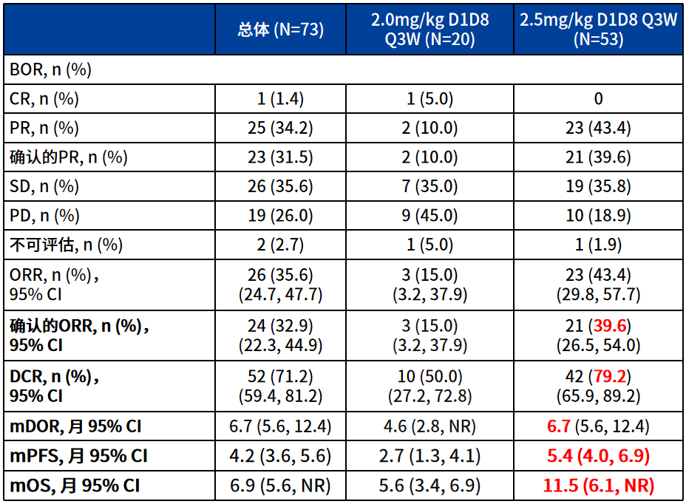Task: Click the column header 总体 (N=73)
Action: pos(280,30)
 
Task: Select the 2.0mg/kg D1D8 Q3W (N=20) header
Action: pos(429,30)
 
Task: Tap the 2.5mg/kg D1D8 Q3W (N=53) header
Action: pos(598,30)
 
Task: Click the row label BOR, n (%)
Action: pos(50,69)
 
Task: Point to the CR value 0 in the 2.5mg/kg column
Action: pos(599,99)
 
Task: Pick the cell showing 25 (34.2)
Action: pos(280,128)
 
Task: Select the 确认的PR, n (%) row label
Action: pos(68,157)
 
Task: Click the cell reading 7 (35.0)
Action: pos(429,186)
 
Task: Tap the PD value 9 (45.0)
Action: pos(429,216)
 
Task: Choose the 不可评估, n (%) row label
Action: pos(66,245)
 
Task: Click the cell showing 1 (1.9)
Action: pos(598,245)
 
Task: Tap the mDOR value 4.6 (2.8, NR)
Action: pos(429,426)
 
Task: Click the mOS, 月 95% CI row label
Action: pos(75,486)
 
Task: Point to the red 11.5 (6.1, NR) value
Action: pos(598,486)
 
